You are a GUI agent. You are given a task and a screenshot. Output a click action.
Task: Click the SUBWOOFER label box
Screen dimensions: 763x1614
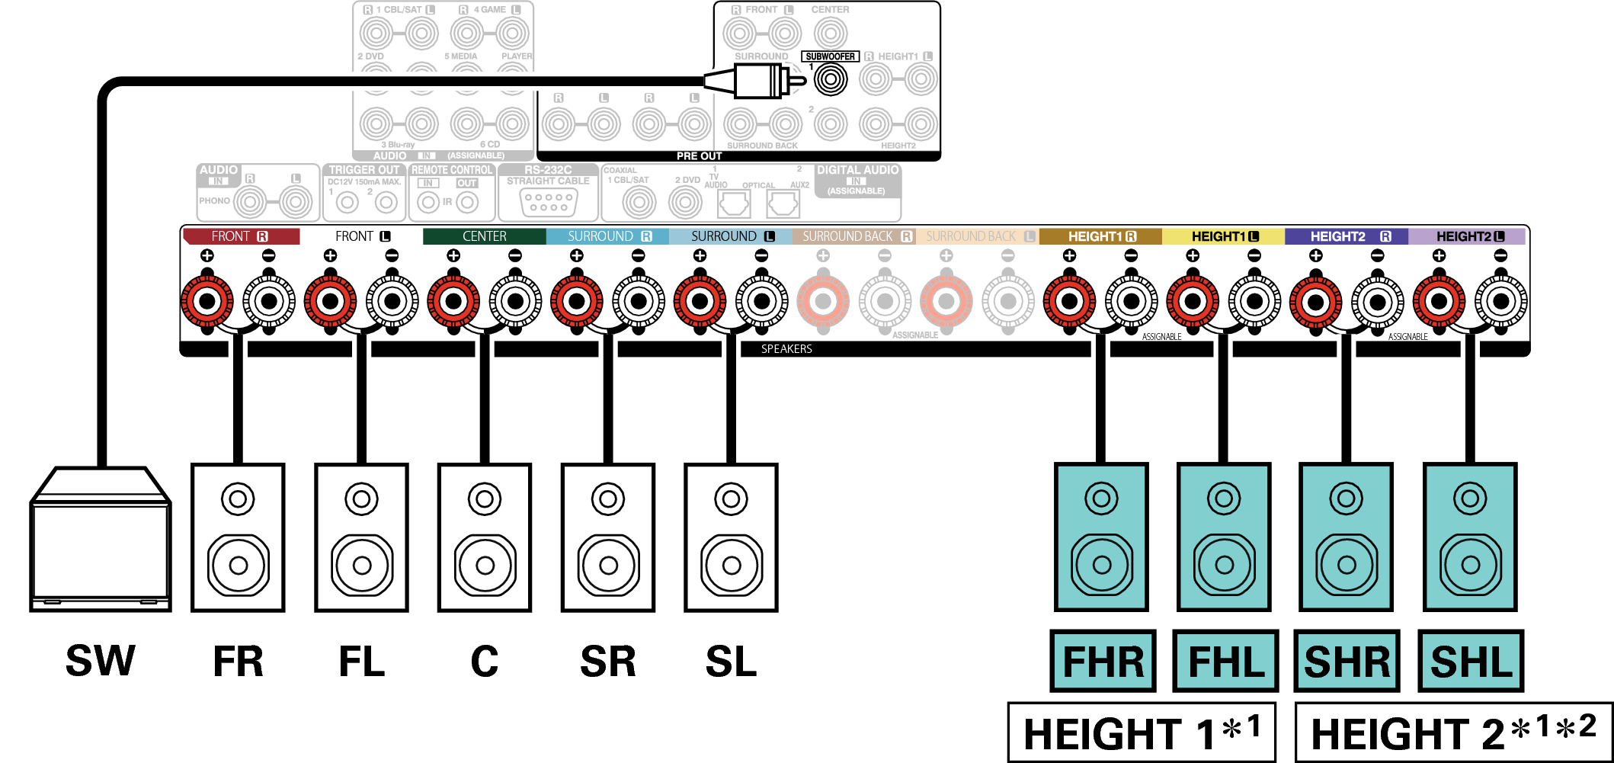coord(830,56)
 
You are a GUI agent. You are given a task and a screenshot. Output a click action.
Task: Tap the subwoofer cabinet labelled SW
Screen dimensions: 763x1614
coord(100,549)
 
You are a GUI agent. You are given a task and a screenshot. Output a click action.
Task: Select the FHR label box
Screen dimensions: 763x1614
coord(1103,661)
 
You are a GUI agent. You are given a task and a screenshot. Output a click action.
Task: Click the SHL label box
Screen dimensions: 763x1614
coord(1470,661)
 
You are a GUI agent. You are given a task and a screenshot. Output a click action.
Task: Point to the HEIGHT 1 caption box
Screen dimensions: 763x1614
coord(1141,733)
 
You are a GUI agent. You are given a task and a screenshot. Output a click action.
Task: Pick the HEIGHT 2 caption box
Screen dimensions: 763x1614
coord(1452,733)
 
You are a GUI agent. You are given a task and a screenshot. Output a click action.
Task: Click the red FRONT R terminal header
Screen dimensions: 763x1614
coord(241,236)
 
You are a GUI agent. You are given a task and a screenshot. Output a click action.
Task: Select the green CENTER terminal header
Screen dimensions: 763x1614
coord(484,236)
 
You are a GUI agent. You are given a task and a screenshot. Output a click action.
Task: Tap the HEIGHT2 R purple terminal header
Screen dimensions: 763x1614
coord(1346,236)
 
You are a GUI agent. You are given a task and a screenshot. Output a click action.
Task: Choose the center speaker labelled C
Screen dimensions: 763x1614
coord(485,537)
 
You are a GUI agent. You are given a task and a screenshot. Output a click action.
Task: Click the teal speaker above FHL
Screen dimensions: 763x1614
coord(1224,537)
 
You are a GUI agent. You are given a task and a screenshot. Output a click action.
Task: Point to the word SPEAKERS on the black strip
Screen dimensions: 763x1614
coord(786,349)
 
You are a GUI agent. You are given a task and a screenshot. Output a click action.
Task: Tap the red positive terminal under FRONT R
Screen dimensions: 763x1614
coord(207,301)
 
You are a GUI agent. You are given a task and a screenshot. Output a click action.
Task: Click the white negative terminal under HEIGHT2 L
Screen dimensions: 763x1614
coord(1500,301)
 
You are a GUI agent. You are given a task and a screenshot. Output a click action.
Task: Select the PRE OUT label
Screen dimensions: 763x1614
coord(699,155)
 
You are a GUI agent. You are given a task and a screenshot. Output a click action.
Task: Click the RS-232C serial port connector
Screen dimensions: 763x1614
coord(549,202)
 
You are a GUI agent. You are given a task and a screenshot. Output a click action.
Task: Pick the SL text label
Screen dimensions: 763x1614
coord(731,661)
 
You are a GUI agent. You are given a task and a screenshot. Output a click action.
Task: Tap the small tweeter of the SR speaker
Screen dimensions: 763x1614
coord(608,500)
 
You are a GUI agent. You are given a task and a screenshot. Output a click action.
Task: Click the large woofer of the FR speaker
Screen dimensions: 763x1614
coord(239,566)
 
